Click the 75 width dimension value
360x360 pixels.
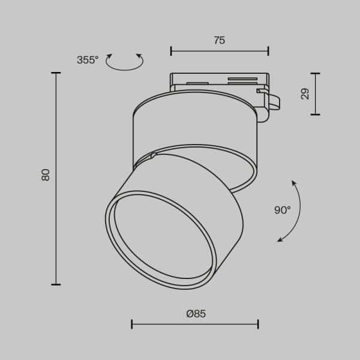pyautogui.click(x=219, y=41)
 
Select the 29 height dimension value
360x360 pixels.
pyautogui.click(x=305, y=94)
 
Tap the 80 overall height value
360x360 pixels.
pyautogui.click(x=46, y=175)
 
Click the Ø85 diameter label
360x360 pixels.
pyautogui.click(x=196, y=313)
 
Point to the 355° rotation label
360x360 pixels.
pyautogui.click(x=88, y=60)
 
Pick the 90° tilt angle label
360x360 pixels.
pyautogui.click(x=282, y=210)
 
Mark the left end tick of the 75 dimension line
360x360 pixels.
pyautogui.click(x=171, y=51)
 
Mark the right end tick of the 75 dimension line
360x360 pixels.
pyautogui.click(x=268, y=51)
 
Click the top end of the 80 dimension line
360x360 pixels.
pyautogui.click(x=56, y=73)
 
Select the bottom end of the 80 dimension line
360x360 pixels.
pyautogui.click(x=56, y=284)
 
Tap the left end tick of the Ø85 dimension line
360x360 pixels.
pyautogui.click(x=132, y=325)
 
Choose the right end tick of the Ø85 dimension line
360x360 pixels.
pyautogui.click(x=258, y=325)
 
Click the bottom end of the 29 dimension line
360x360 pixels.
pyautogui.click(x=315, y=115)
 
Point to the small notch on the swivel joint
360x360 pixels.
pyautogui.click(x=154, y=156)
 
